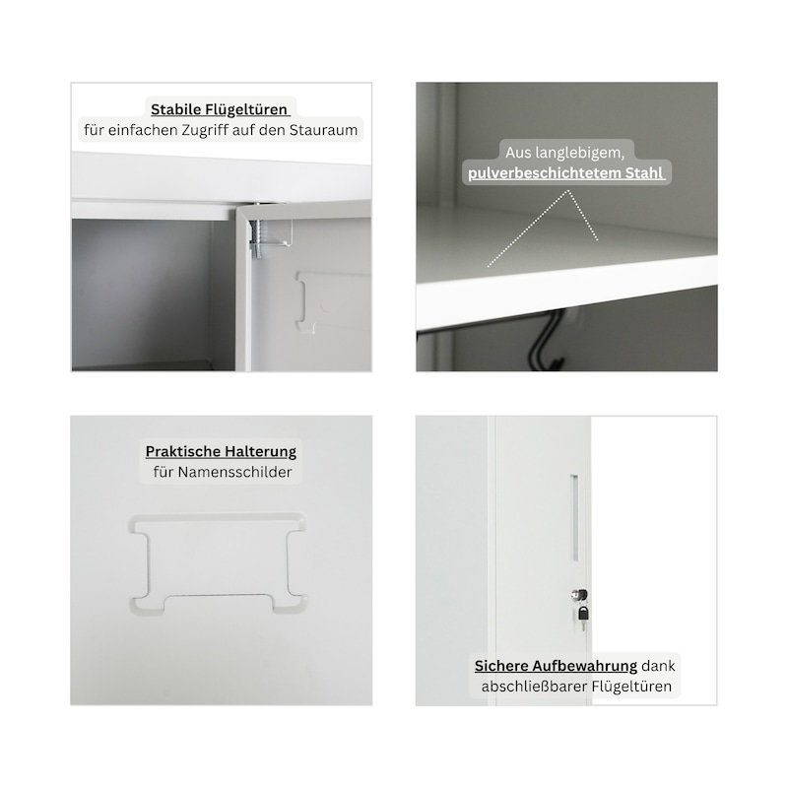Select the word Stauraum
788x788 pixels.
pos(324,130)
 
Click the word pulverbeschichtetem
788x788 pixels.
pos(545,173)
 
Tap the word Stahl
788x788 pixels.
pos(644,173)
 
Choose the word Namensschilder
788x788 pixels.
pos(234,472)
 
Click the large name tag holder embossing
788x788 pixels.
pos(219,562)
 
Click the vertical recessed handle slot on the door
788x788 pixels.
pos(574,518)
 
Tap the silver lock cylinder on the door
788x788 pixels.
pos(579,595)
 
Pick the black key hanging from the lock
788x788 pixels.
pos(583,617)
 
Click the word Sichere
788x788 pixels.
pos(500,666)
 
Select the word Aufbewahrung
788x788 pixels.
pos(584,667)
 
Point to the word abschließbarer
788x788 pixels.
pos(534,687)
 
